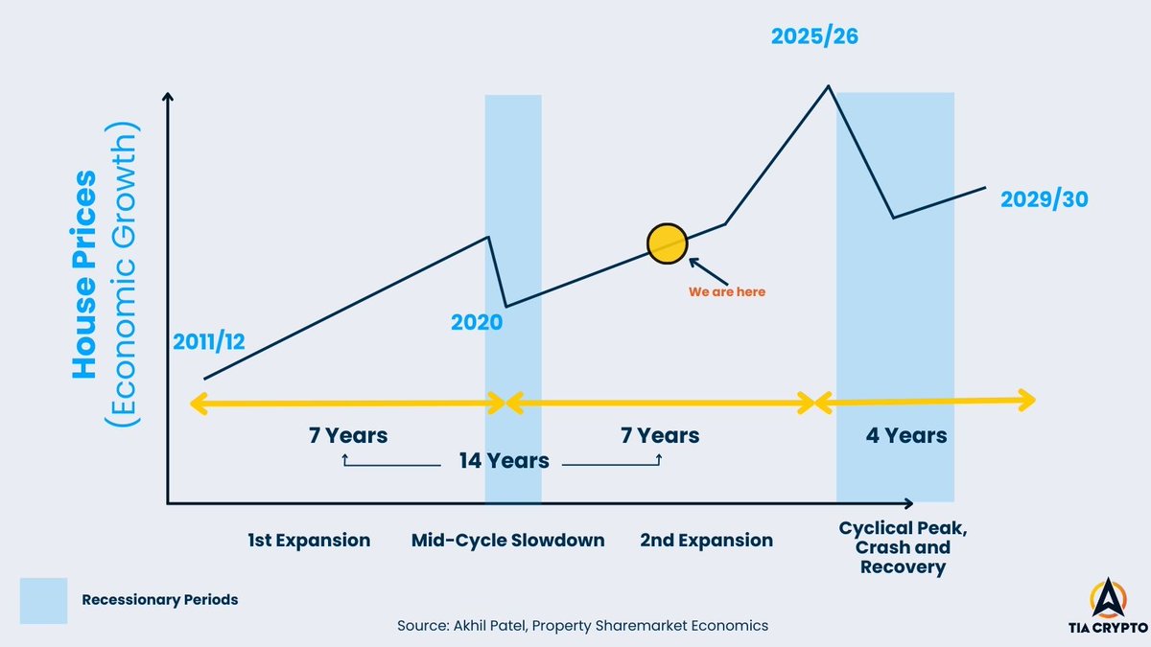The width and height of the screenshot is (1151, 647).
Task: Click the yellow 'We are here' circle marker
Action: (x=667, y=243)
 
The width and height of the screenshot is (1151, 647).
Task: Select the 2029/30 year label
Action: (x=1044, y=200)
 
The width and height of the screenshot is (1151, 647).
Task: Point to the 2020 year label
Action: (x=477, y=322)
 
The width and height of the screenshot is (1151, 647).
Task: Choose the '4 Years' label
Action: (x=905, y=436)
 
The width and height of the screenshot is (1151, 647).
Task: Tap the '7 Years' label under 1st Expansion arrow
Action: (x=348, y=436)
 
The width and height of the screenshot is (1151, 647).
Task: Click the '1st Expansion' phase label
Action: (x=309, y=541)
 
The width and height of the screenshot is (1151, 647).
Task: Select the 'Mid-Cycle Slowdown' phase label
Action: (x=507, y=541)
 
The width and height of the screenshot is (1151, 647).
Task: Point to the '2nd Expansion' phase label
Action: (x=706, y=541)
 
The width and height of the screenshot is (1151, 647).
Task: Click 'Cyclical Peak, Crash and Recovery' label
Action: (x=894, y=547)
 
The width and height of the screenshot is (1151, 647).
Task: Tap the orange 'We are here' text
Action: (x=727, y=292)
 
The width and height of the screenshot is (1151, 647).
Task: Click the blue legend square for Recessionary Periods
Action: (x=43, y=600)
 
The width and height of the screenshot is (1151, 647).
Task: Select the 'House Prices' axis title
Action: (x=86, y=274)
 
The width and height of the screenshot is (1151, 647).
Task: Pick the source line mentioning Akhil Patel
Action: (x=582, y=626)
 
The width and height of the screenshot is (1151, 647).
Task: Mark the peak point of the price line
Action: (x=828, y=86)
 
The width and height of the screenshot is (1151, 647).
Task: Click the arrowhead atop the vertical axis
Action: (x=168, y=97)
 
